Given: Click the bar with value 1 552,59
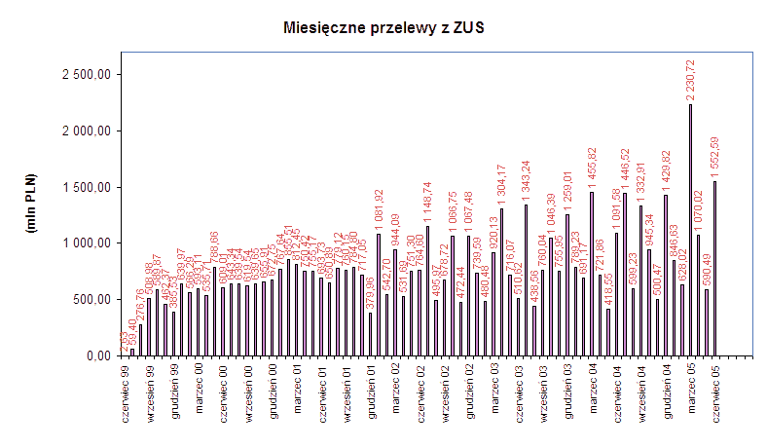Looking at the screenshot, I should tap(714, 268).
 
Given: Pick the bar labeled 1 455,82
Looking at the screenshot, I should tap(591, 274).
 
